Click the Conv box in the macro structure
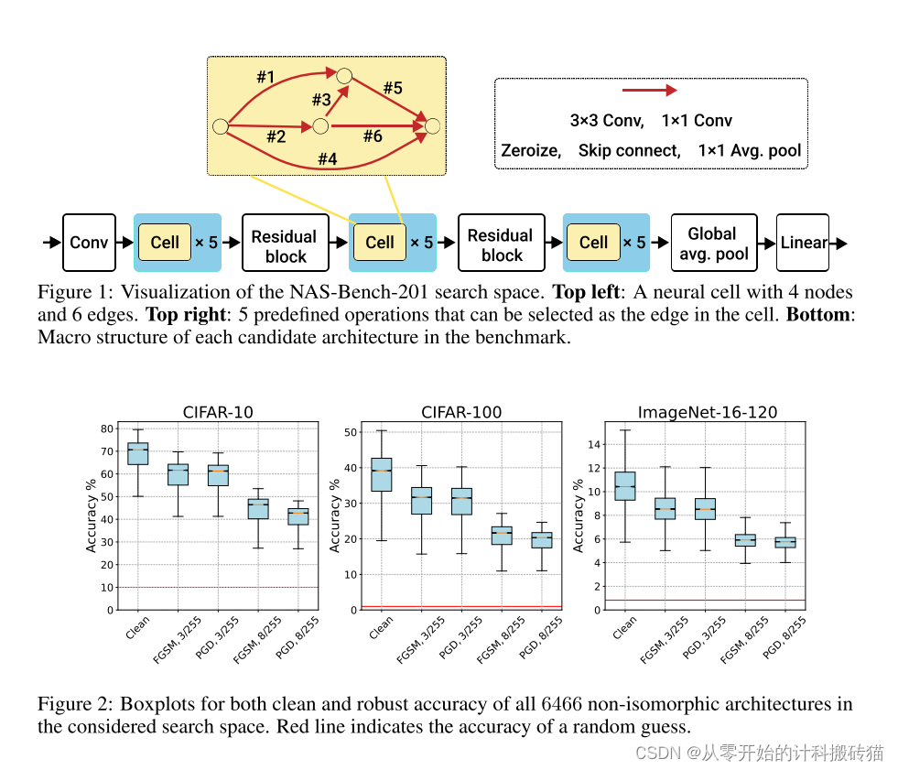coord(89,243)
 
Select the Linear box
coord(803,243)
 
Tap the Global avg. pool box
coord(718,243)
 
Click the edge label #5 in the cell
coord(393,88)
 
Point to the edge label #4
coord(327,158)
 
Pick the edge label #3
coord(320,99)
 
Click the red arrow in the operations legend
coord(649,91)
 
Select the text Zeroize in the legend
coord(531,150)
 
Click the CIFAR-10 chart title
coord(218,412)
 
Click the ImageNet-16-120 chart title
coord(708,412)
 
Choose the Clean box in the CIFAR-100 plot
coord(381,474)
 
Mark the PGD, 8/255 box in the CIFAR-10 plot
coord(298,516)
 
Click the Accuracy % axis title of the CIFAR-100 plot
coord(335,513)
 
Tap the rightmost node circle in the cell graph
coord(433,125)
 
